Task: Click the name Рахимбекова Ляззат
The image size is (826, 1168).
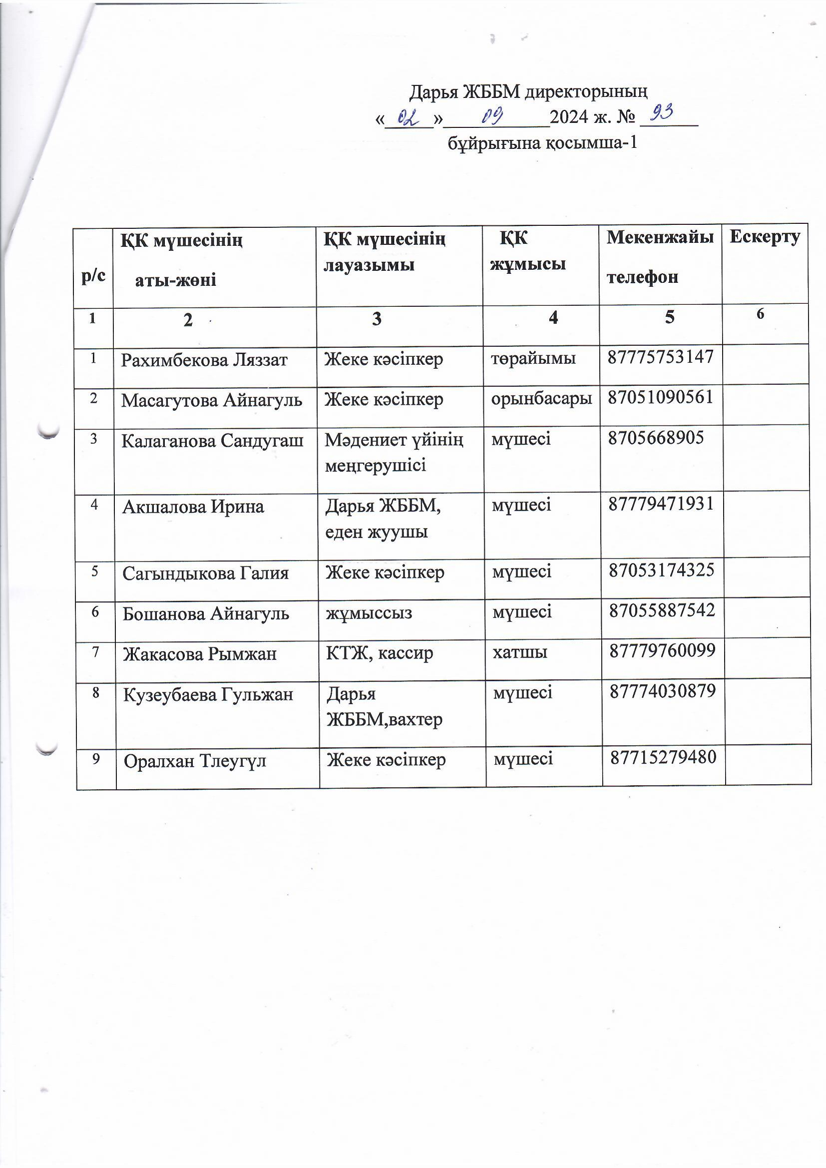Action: coord(204,360)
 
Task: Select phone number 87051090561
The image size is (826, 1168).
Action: coord(660,397)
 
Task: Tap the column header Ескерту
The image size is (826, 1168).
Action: coord(765,237)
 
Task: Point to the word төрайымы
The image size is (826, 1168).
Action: coord(533,358)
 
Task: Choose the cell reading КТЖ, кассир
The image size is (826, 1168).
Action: coord(379,652)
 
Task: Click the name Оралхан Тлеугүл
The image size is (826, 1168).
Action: coord(195,761)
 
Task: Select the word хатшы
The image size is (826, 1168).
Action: coord(519,651)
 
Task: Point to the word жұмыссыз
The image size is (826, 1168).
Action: coord(369,612)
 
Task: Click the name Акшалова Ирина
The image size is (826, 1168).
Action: coord(193,507)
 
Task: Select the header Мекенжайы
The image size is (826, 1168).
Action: coord(660,237)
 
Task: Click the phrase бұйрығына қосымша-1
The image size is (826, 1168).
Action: coord(542,143)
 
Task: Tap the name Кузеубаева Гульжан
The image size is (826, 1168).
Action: coord(208,694)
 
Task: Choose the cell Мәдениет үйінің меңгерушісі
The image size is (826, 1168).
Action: coord(394,452)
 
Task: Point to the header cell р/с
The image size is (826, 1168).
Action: coord(93,275)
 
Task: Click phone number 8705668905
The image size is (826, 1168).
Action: coord(656,438)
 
